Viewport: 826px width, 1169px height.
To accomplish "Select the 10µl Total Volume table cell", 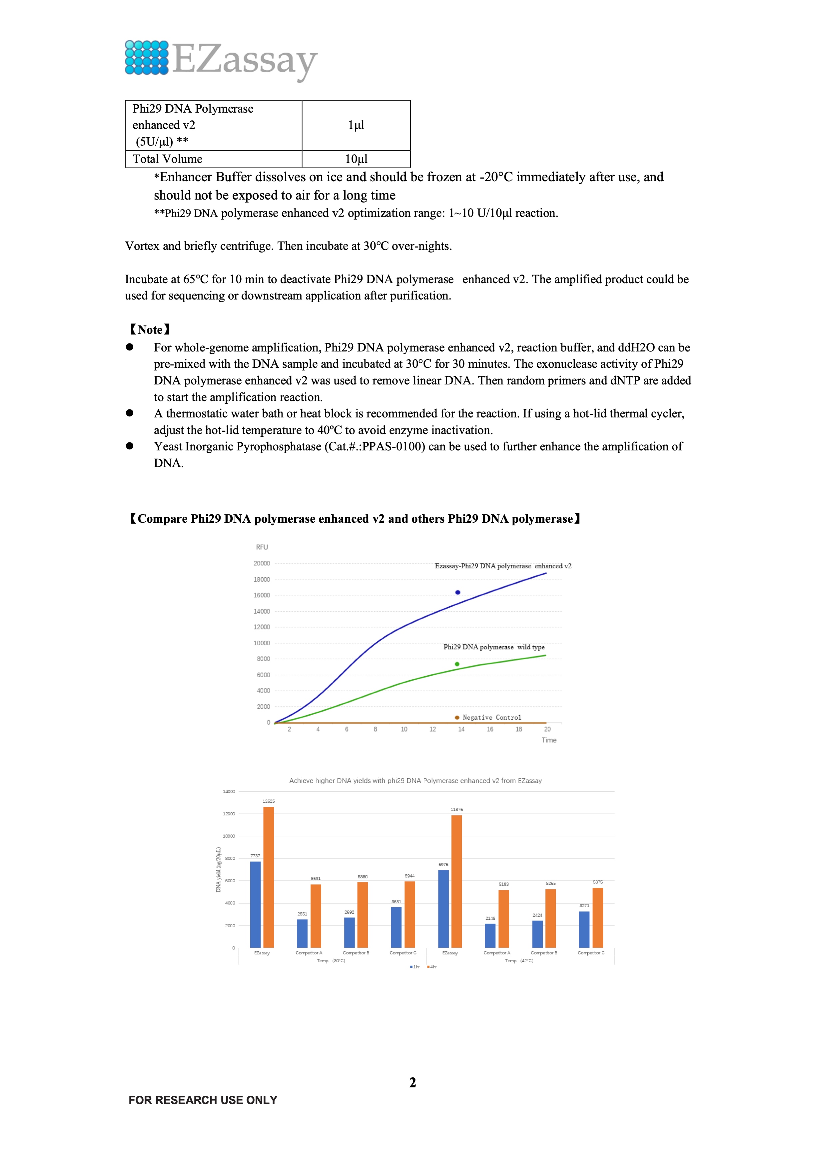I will pos(356,159).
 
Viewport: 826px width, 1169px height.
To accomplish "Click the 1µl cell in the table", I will pos(356,125).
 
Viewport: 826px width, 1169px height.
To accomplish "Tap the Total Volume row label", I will pos(168,159).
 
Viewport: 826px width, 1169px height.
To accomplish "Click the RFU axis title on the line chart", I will pos(262,547).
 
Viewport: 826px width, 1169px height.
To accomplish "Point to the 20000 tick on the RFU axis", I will pos(262,564).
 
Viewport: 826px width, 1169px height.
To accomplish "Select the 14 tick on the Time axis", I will pos(461,729).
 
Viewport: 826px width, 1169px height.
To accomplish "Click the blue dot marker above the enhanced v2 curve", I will pos(458,592).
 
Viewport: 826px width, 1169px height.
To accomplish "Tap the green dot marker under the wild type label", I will pos(457,664).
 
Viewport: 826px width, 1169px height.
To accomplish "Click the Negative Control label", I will pos(491,717).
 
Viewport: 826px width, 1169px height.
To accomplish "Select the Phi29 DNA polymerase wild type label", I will pos(494,647).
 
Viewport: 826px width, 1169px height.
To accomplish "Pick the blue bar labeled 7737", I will pos(255,904).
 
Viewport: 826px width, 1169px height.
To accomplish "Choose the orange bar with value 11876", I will pos(457,881).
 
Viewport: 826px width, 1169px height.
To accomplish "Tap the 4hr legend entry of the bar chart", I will pos(432,967).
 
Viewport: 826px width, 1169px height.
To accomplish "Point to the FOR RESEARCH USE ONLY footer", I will pos(203,1100).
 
